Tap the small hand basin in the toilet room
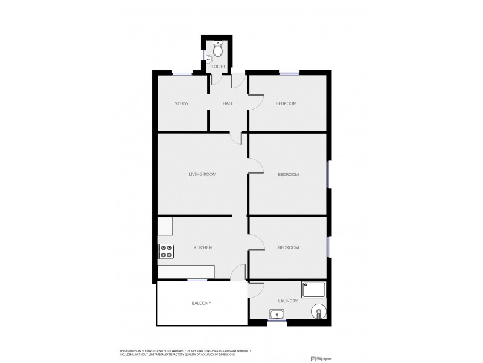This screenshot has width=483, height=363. (209, 59)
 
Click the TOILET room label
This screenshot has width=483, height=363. (218, 66)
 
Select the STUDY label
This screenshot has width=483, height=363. (182, 103)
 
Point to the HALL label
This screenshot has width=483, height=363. (228, 103)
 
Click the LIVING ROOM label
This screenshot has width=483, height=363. (202, 174)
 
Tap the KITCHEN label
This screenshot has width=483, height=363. (202, 247)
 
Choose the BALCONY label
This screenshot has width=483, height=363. (201, 303)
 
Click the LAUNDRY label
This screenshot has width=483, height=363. (288, 301)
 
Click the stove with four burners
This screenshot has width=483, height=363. (166, 251)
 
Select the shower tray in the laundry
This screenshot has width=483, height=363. (315, 290)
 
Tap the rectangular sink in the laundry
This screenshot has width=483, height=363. (277, 313)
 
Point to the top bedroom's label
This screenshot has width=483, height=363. (286, 103)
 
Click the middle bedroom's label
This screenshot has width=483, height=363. (288, 175)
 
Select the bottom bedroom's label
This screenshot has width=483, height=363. (288, 247)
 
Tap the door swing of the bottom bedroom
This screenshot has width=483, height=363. (257, 242)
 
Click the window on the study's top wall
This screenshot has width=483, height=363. (183, 73)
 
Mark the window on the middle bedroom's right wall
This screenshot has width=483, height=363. (329, 175)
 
